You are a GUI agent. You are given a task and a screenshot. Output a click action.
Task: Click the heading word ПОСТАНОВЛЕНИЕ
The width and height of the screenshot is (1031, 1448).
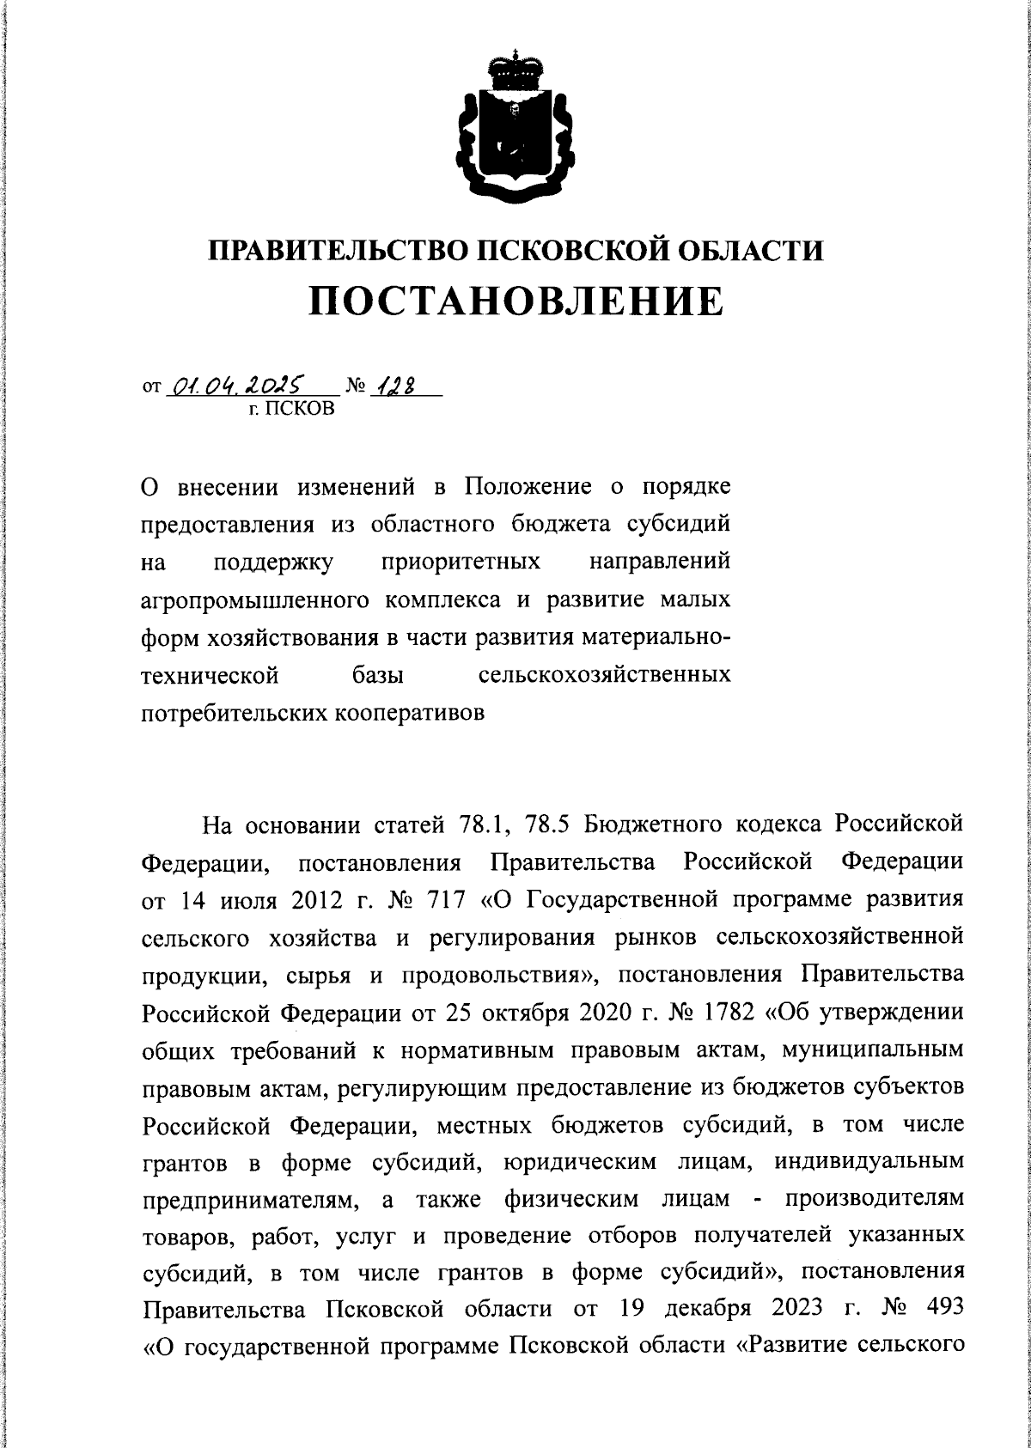click(x=515, y=301)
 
